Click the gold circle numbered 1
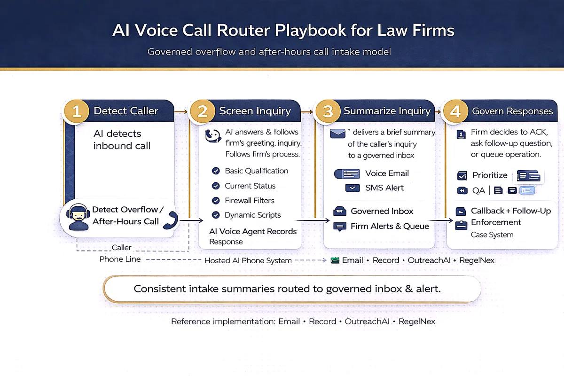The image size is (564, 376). [x=77, y=111]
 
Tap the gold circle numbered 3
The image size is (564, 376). [x=328, y=111]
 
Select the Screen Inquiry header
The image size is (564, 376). [x=255, y=111]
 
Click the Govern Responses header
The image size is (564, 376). [x=512, y=111]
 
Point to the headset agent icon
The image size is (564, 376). [x=78, y=216]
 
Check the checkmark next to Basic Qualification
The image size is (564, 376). [x=216, y=171]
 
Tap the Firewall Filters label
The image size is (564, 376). [x=250, y=200]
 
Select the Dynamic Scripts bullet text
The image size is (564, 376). [x=252, y=215]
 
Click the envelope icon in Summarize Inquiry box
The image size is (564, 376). [x=337, y=134]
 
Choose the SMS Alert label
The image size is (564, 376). [x=384, y=188]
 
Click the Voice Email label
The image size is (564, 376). [x=387, y=173]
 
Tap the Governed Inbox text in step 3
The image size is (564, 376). [x=382, y=211]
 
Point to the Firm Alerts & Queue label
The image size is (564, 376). [x=390, y=226]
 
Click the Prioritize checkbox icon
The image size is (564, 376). [x=462, y=176]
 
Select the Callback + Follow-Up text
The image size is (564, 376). [x=510, y=211]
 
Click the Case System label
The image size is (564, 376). [x=492, y=235]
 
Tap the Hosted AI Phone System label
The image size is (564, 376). [x=248, y=260]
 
